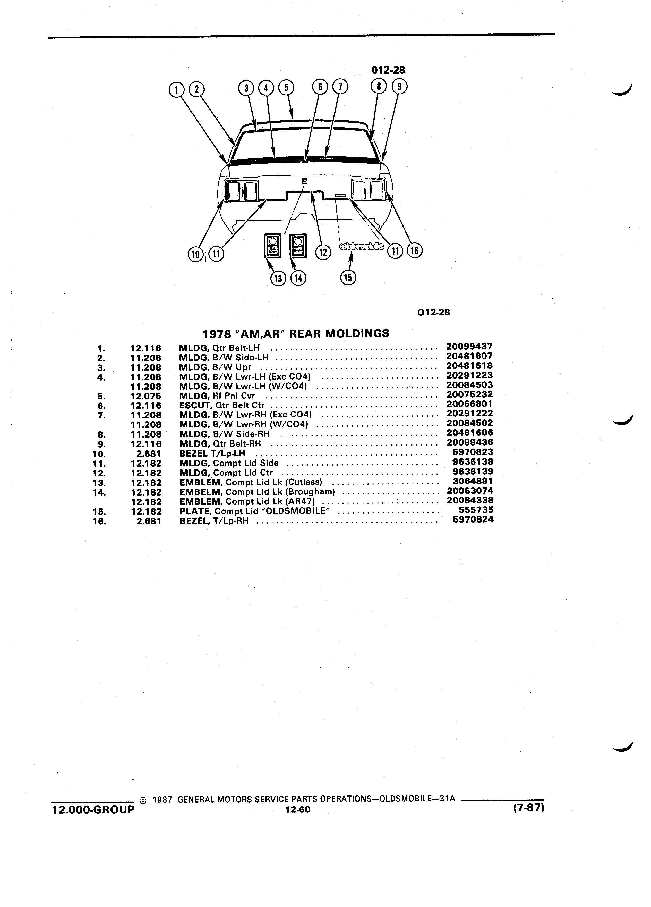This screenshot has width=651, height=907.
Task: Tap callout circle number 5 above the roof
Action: point(286,87)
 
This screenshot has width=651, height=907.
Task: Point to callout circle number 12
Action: point(323,252)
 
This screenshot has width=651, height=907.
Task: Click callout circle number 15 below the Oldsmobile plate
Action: point(348,278)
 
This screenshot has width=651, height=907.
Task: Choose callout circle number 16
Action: point(414,251)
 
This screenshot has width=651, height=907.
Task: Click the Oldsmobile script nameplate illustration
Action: point(362,247)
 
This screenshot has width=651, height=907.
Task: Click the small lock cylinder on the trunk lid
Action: point(305,181)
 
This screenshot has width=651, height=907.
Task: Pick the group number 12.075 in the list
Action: point(146,396)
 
